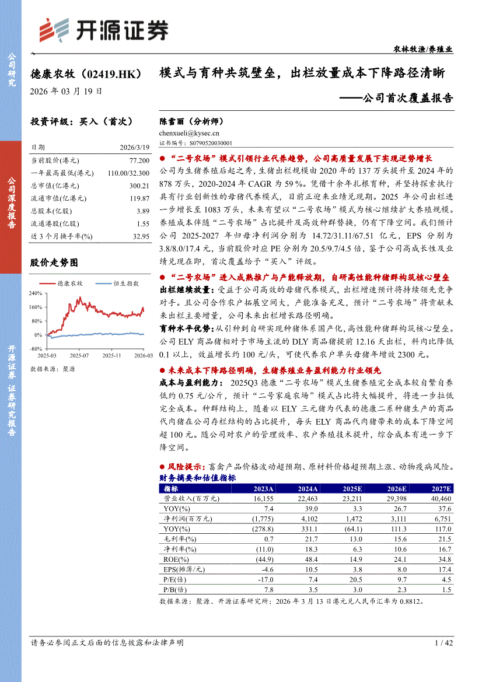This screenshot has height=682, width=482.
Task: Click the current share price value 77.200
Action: (139, 160)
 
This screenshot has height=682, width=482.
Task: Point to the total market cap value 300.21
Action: (139, 186)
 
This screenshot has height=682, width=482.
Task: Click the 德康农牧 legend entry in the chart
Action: (69, 284)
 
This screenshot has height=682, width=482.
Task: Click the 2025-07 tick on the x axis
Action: (79, 355)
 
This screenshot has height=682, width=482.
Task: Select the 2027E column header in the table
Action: (440, 489)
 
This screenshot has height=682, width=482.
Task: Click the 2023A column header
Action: (263, 489)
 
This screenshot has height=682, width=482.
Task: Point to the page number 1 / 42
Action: (443, 642)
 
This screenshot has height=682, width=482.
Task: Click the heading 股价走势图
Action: (54, 263)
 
